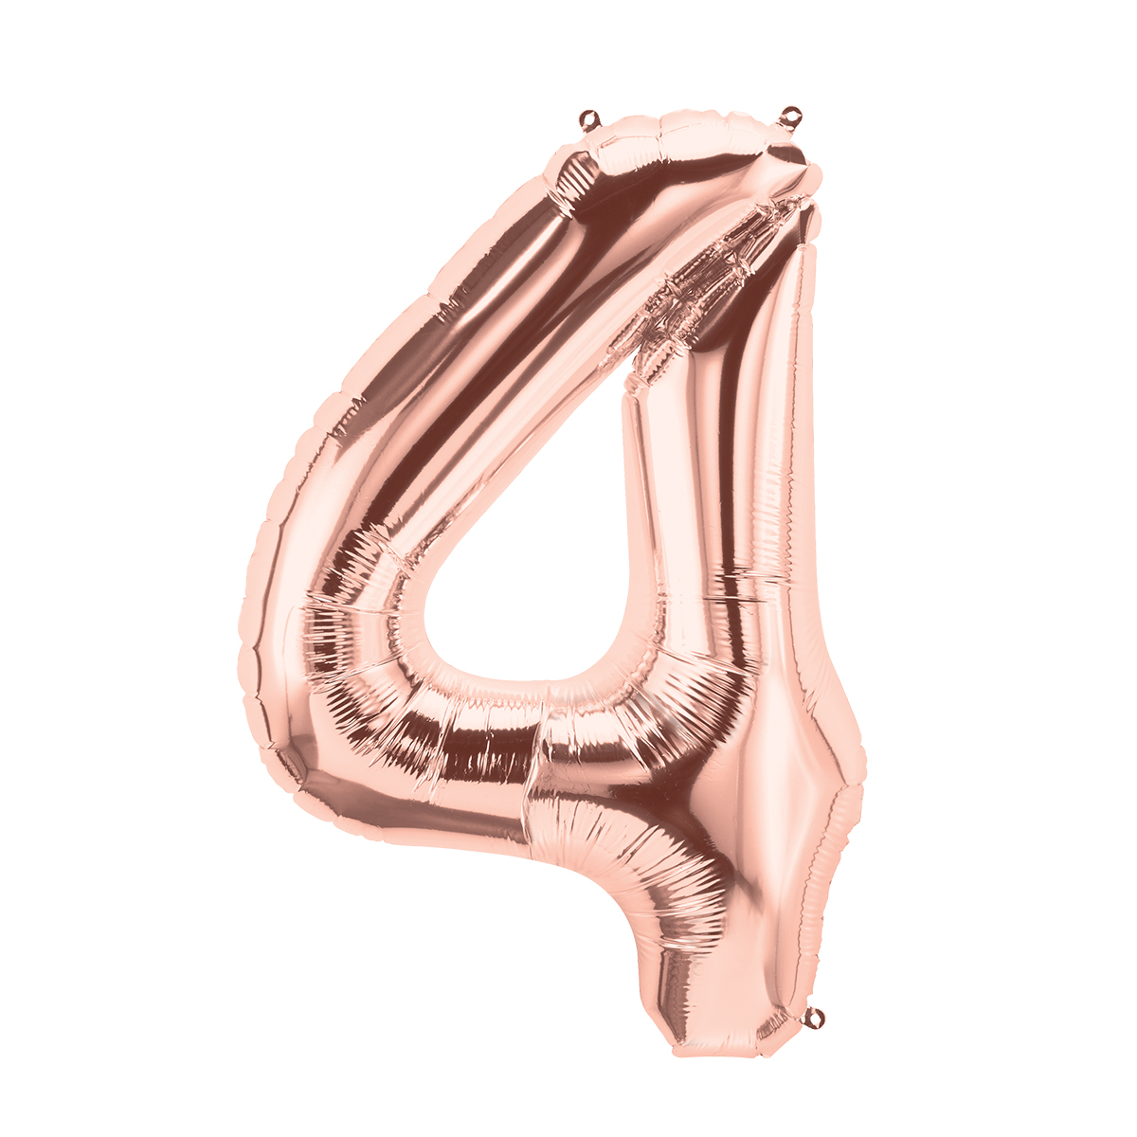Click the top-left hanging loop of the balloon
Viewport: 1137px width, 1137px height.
pos(590,119)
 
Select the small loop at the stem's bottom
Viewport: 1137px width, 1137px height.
pos(813,1017)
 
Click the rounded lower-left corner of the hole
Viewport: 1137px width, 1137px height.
pos(436,654)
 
